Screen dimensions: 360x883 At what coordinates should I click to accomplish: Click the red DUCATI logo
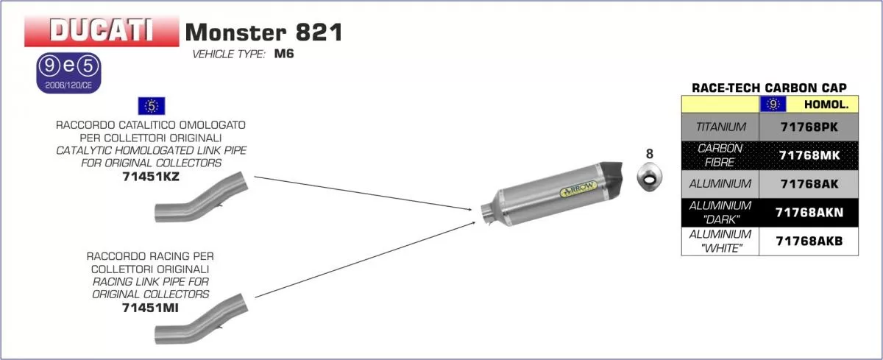[x=101, y=31]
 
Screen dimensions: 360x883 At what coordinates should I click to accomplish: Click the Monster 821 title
[x=263, y=32]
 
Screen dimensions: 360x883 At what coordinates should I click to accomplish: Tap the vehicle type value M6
[x=284, y=54]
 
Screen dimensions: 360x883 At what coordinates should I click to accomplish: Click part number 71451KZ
[x=151, y=177]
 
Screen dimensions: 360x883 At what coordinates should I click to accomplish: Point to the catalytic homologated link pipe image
[x=201, y=200]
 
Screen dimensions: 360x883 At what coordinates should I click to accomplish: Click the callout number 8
[x=649, y=154]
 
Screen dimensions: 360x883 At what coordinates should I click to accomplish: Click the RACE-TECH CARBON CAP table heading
[x=769, y=88]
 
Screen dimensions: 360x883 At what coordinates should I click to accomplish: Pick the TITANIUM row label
[x=720, y=127]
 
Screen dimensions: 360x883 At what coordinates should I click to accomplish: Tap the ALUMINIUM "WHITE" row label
[x=720, y=241]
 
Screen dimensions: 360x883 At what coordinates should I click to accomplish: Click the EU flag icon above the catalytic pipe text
[x=151, y=105]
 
